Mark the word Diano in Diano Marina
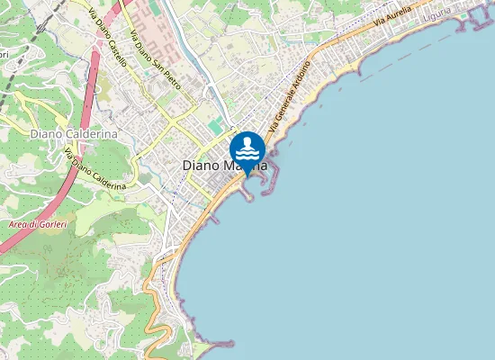click(201, 166)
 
